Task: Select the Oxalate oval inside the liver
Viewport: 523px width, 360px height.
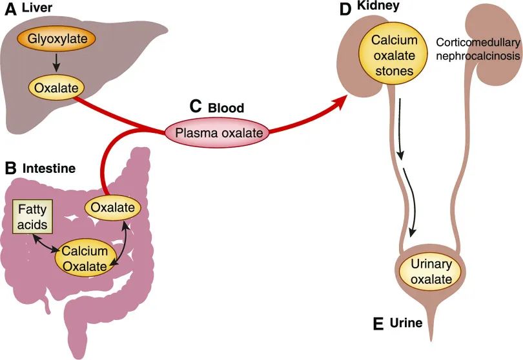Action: coord(57,86)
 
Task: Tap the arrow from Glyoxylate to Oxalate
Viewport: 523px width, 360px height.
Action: coord(57,63)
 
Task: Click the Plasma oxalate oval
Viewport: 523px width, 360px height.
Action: coord(216,134)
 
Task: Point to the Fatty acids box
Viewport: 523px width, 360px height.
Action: coord(32,217)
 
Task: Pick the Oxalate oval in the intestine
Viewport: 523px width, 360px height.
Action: coord(113,208)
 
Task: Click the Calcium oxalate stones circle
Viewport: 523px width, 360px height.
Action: coord(394,55)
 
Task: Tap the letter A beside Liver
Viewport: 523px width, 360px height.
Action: coord(10,12)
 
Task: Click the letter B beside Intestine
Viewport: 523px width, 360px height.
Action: coord(10,169)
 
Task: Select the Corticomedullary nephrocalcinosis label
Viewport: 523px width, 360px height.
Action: coord(478,48)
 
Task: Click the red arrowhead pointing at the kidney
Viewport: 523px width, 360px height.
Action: coord(338,102)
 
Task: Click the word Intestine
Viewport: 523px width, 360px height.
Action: coord(49,169)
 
